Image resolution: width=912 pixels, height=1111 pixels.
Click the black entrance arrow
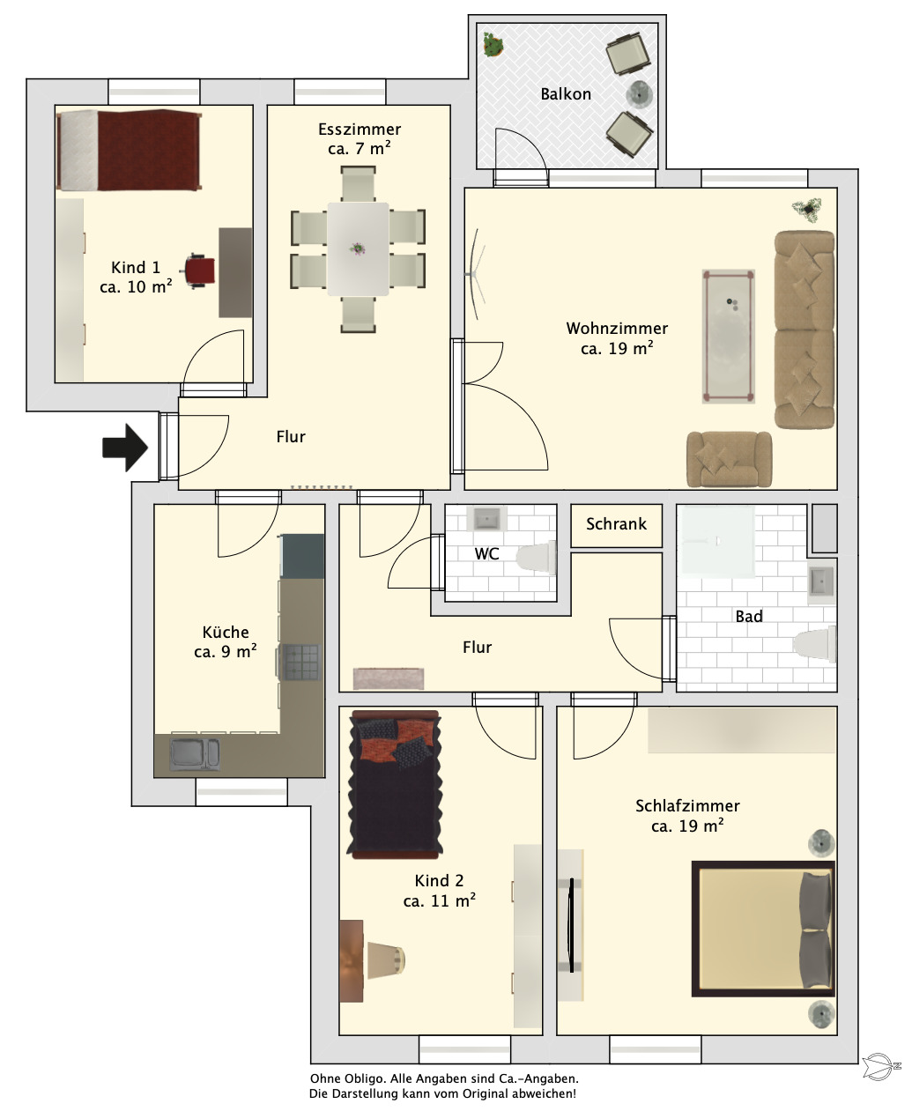[125, 448]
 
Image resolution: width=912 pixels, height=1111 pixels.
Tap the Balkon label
[566, 94]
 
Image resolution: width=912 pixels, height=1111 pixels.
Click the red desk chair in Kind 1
[198, 271]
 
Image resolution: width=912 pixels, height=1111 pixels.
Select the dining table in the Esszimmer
[359, 249]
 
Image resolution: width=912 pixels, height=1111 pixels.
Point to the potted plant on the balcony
[493, 45]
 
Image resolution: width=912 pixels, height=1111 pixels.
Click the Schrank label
[617, 524]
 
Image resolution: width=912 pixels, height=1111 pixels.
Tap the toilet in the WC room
[537, 558]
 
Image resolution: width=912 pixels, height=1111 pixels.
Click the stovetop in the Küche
[301, 663]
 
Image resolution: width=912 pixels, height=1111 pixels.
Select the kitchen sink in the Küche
[195, 755]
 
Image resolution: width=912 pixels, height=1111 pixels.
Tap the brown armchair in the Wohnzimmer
[730, 459]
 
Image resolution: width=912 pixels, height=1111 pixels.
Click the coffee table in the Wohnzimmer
[729, 337]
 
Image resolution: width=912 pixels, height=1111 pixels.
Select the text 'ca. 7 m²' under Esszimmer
[360, 149]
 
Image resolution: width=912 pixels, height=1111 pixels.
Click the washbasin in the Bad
[821, 583]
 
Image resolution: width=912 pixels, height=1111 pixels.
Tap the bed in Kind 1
[129, 150]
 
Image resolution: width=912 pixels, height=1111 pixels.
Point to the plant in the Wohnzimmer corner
[807, 210]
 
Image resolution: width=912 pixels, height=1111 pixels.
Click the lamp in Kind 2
[387, 960]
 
